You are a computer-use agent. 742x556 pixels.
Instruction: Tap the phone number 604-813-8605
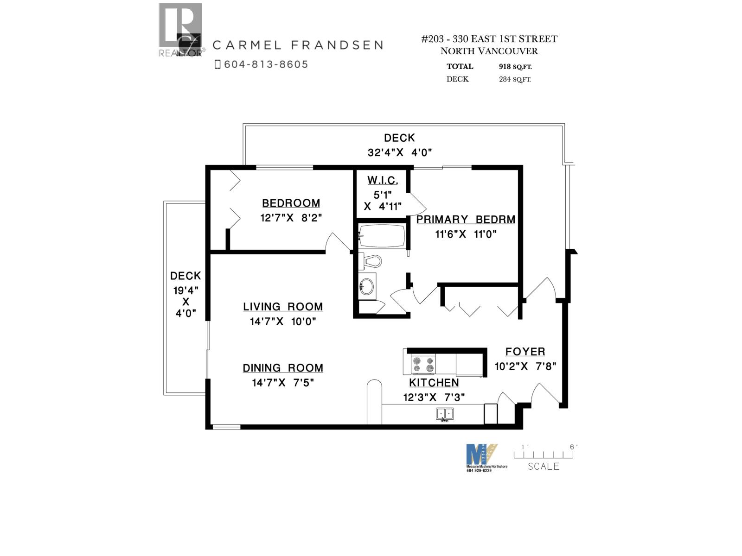click(266, 64)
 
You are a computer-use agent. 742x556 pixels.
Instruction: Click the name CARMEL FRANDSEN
click(298, 45)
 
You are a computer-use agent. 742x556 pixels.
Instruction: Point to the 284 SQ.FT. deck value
click(515, 79)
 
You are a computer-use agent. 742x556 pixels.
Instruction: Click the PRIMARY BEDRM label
click(466, 220)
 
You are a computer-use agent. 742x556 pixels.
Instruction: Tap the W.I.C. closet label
click(383, 180)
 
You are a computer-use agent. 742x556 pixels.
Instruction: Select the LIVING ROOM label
click(283, 307)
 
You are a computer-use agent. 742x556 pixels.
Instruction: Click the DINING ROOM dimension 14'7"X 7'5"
click(283, 383)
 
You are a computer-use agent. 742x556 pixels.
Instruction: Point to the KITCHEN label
click(434, 383)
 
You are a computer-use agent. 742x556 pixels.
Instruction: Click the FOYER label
click(525, 352)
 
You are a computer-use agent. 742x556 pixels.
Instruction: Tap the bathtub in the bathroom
click(383, 236)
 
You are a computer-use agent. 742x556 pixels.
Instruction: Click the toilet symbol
click(371, 262)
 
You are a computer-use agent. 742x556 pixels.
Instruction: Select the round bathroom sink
click(367, 286)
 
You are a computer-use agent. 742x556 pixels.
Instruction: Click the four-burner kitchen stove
click(423, 365)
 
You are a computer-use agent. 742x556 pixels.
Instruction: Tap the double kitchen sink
click(445, 414)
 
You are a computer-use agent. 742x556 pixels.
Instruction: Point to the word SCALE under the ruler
click(544, 467)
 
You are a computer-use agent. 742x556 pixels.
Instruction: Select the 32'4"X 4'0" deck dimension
click(400, 152)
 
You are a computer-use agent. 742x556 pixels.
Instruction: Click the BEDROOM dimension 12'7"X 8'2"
click(291, 218)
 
